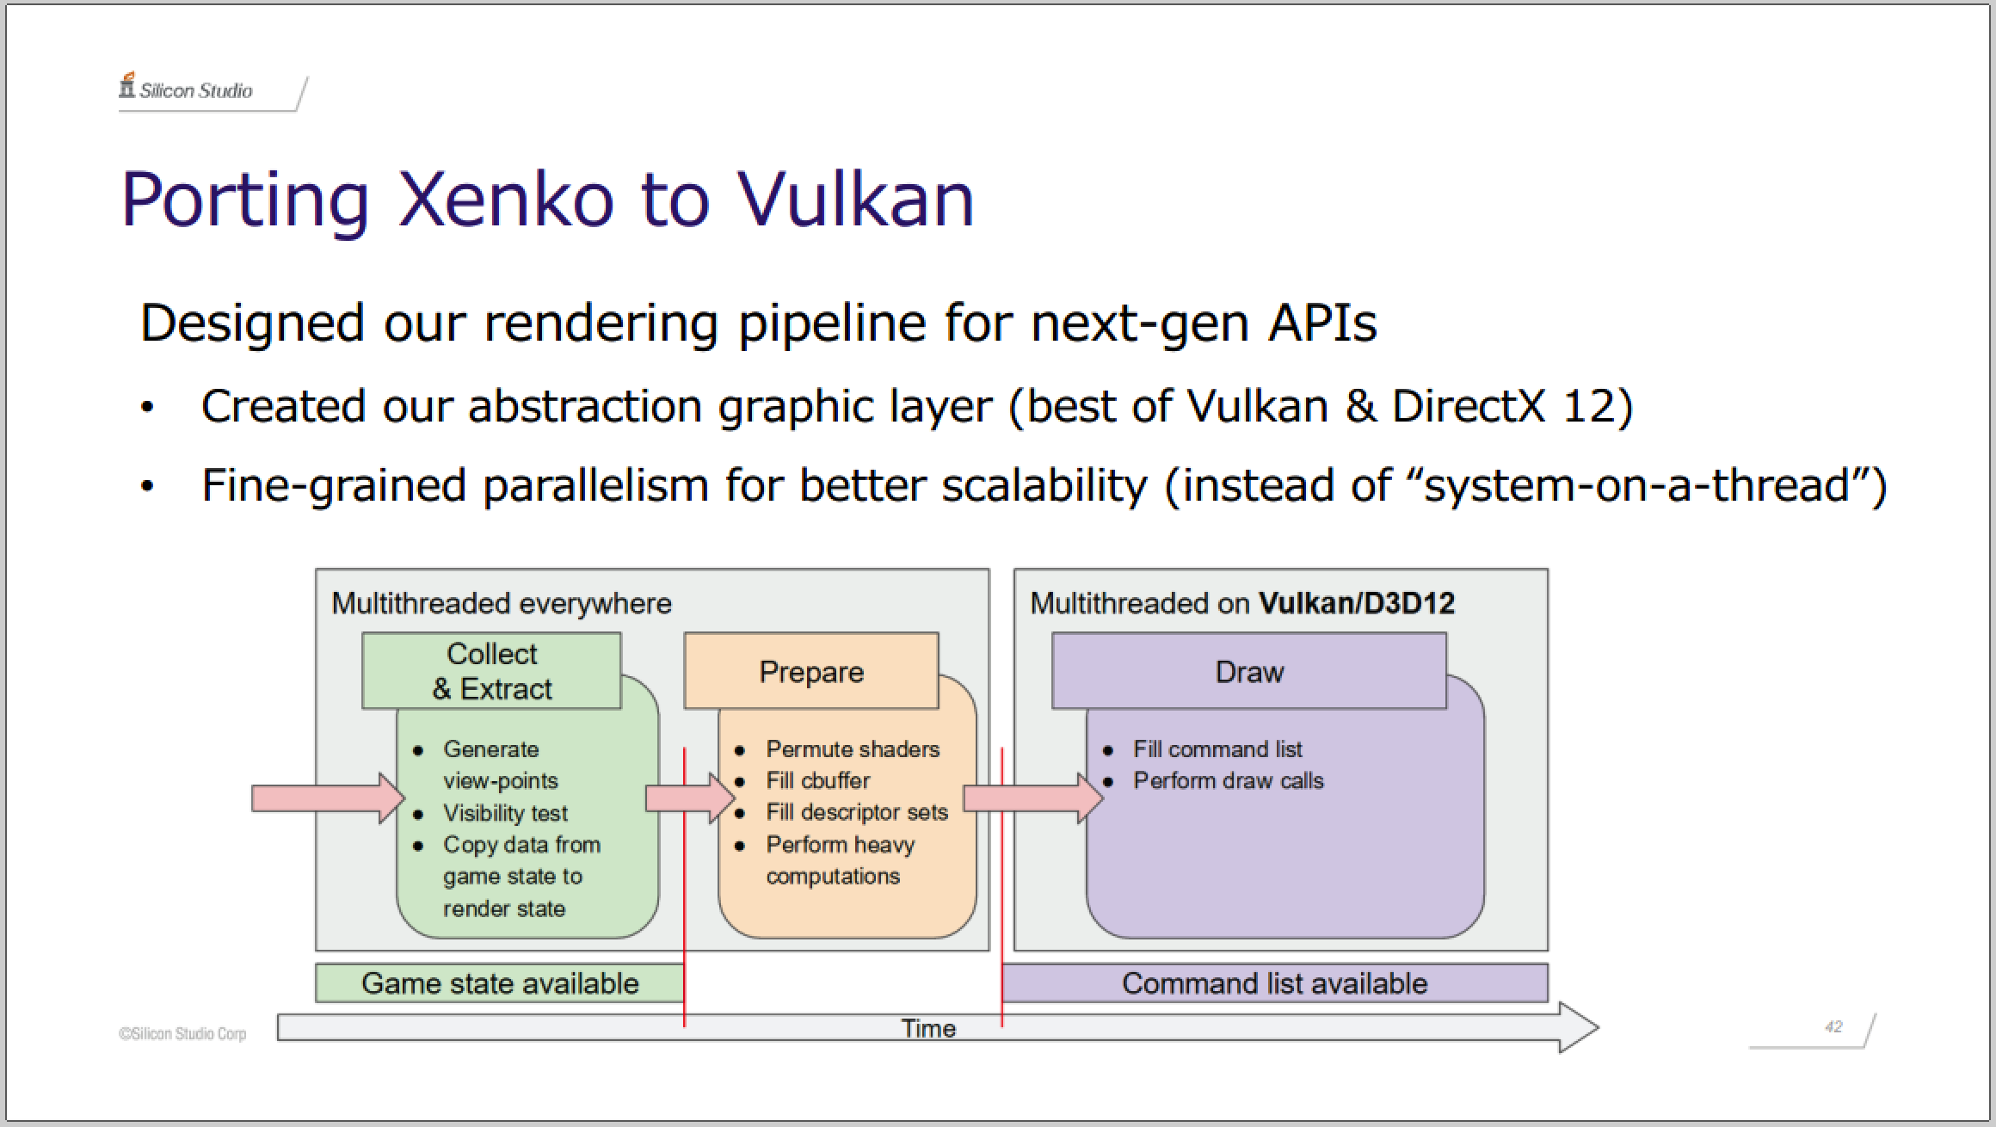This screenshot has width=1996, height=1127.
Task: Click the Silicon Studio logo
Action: (x=186, y=88)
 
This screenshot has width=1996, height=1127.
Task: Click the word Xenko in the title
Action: (x=506, y=200)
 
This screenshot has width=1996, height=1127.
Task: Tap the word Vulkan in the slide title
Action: (x=856, y=200)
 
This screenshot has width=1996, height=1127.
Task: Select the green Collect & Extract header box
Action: (x=491, y=671)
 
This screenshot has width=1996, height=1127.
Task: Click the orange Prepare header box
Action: (x=811, y=671)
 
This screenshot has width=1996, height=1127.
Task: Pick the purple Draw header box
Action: (x=1249, y=671)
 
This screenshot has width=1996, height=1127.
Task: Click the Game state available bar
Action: (x=500, y=983)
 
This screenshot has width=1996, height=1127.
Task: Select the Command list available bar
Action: (x=1275, y=983)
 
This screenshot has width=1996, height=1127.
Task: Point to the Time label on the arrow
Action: (x=928, y=1028)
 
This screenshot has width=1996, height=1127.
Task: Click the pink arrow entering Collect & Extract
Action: (x=328, y=798)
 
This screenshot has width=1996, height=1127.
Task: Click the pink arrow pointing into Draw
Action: (x=1033, y=798)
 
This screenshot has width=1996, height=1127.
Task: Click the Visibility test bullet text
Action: (x=506, y=813)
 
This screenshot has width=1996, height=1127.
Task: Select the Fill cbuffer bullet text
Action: (x=818, y=780)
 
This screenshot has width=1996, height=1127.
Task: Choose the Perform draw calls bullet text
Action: (x=1229, y=780)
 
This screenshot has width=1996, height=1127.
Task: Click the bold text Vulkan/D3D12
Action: (x=1357, y=603)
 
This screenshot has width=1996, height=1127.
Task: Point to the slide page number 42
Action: (x=1833, y=1026)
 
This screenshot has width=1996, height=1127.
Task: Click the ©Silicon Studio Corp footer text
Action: (x=182, y=1033)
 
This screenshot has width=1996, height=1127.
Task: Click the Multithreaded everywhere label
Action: (x=502, y=603)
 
